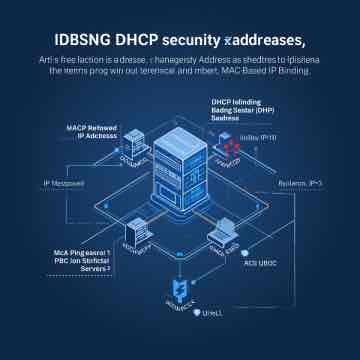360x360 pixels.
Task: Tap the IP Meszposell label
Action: pyautogui.click(x=64, y=183)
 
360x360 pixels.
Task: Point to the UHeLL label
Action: pyautogui.click(x=211, y=314)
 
